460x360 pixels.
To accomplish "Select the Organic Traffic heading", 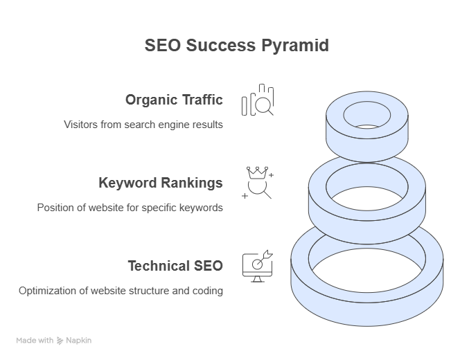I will (174, 100).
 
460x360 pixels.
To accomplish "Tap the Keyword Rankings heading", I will (161, 183).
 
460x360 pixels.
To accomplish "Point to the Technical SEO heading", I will (175, 266).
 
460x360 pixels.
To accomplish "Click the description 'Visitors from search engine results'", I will (143, 125).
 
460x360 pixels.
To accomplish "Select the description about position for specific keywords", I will (130, 208).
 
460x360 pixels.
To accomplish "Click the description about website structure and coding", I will (121, 291).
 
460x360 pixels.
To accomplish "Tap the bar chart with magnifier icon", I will (257, 100).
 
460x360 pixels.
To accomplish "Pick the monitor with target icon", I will (256, 266).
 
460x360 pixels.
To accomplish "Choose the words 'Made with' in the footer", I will (35, 341).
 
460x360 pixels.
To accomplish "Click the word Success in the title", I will (222, 46).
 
